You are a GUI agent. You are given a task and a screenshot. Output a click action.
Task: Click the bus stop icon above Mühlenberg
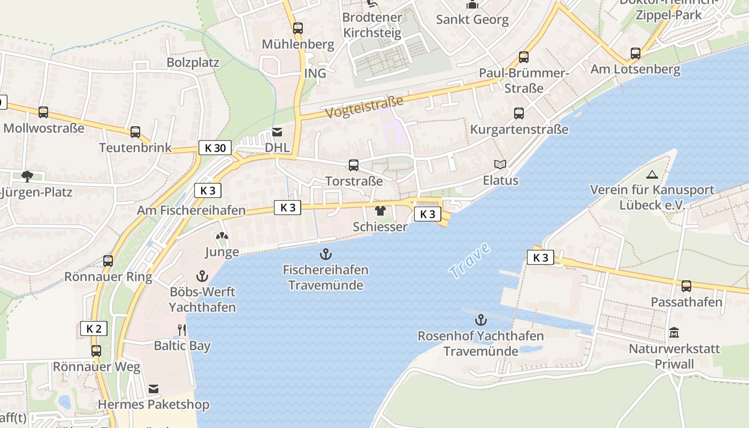click(298, 28)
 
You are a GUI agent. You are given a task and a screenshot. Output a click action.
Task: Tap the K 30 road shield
click(215, 148)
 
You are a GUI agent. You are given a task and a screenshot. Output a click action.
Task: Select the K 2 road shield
click(94, 328)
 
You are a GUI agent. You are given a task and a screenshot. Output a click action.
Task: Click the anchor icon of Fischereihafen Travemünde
click(325, 254)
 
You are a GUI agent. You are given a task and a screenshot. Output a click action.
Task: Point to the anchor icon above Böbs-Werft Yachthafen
click(202, 277)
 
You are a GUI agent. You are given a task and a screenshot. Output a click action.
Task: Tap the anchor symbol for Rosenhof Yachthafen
click(481, 320)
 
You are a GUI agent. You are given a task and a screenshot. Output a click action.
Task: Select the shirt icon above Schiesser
click(380, 211)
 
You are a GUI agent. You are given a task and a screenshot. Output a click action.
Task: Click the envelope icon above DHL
click(277, 132)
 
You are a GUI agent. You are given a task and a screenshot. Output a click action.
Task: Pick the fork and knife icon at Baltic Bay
click(182, 330)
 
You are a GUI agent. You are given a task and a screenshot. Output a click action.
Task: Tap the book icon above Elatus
click(500, 165)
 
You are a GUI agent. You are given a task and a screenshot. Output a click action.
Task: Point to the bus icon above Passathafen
click(686, 286)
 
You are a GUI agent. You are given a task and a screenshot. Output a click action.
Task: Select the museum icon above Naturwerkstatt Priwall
click(674, 333)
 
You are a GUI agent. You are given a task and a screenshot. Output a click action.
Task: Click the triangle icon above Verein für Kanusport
click(652, 174)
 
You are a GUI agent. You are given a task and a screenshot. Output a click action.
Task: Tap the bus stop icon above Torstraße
click(354, 165)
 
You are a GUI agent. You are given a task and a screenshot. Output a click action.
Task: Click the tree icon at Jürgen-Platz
click(27, 176)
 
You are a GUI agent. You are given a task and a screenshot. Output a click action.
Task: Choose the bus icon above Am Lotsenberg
click(635, 53)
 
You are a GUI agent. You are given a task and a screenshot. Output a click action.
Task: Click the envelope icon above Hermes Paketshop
click(154, 389)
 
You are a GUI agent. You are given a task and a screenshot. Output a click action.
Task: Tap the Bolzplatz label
click(193, 62)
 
